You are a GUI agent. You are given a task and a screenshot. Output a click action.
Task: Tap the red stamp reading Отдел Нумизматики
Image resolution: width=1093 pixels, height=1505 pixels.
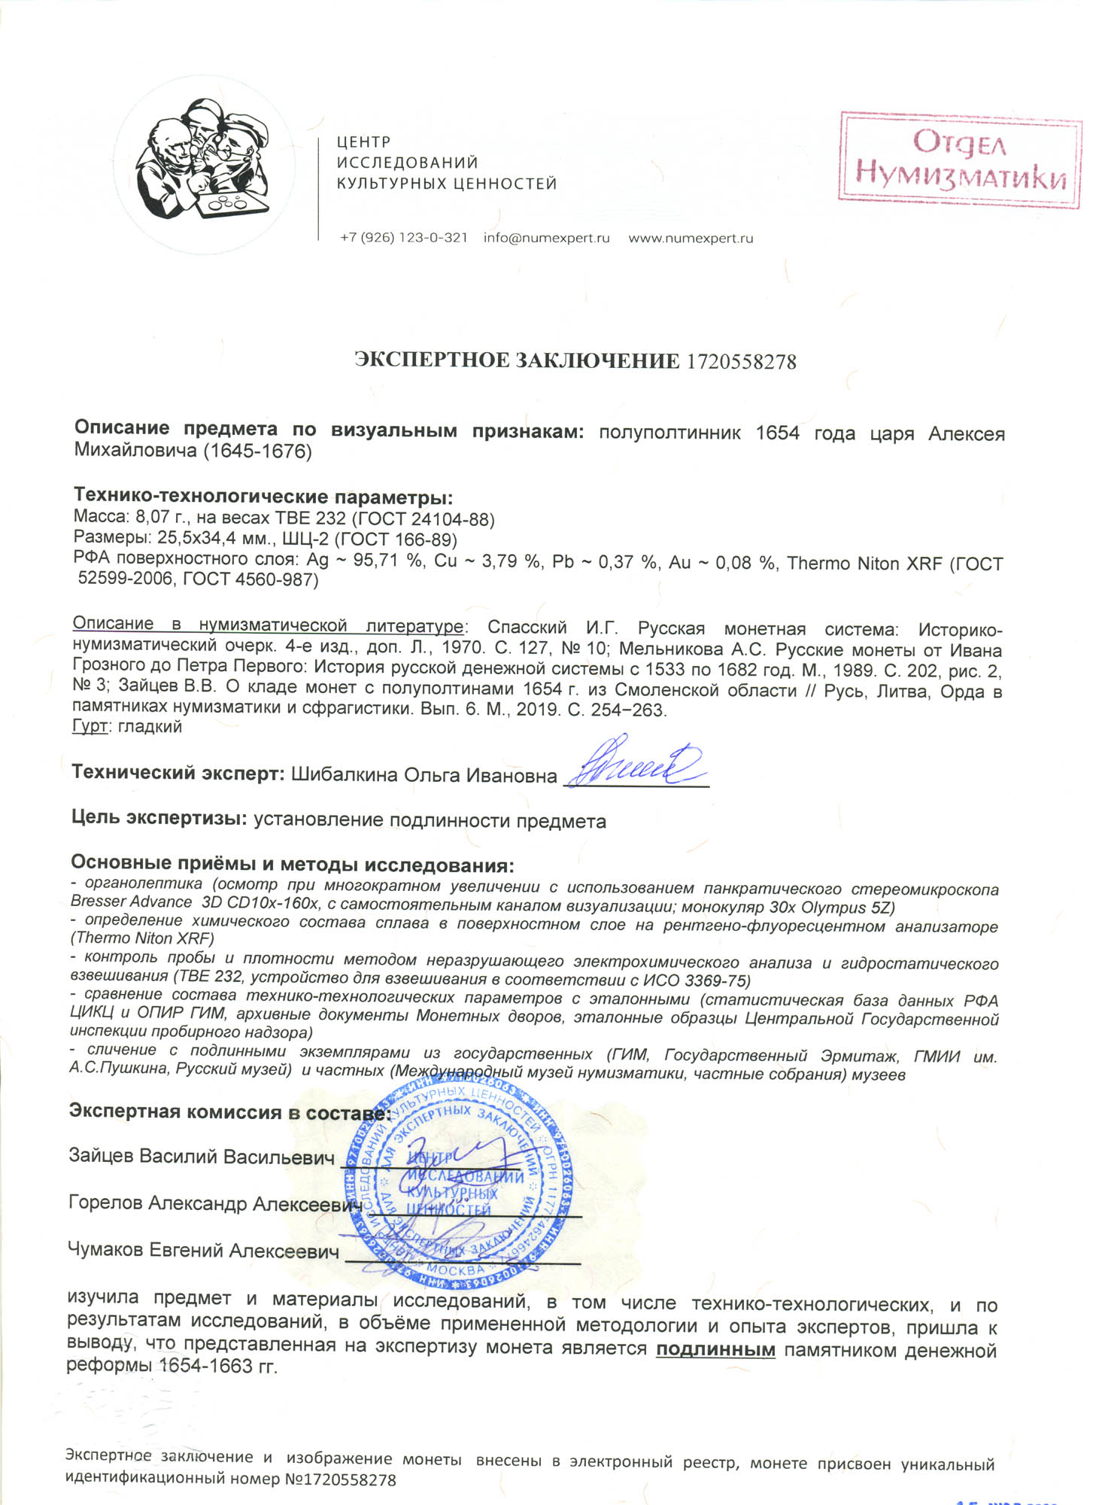pos(960,160)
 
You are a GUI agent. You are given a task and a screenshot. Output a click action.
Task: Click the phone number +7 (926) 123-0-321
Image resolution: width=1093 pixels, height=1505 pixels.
pos(404,238)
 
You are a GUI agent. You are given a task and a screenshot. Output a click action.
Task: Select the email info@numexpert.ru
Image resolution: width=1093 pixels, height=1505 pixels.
pos(546,238)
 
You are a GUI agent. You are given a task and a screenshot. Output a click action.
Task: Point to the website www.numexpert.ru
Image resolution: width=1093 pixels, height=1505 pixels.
pos(691,238)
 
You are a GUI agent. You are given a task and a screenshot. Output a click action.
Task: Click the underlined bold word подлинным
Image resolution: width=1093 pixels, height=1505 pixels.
pos(715,1349)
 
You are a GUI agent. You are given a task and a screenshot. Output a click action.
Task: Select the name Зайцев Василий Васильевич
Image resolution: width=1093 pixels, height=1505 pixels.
pos(201,1157)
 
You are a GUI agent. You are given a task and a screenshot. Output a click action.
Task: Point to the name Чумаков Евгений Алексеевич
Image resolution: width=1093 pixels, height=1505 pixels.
pos(203,1251)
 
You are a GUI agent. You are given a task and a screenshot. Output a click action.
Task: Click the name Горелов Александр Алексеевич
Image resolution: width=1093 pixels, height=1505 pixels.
pos(211,1203)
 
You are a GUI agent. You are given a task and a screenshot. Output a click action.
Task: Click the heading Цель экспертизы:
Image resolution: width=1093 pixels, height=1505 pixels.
pos(159,818)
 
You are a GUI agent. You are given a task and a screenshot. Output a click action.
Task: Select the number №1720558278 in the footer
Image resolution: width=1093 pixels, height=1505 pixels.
pos(340,1479)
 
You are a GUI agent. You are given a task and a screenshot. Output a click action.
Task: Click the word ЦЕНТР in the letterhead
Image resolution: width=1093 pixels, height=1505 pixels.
pos(363,142)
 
